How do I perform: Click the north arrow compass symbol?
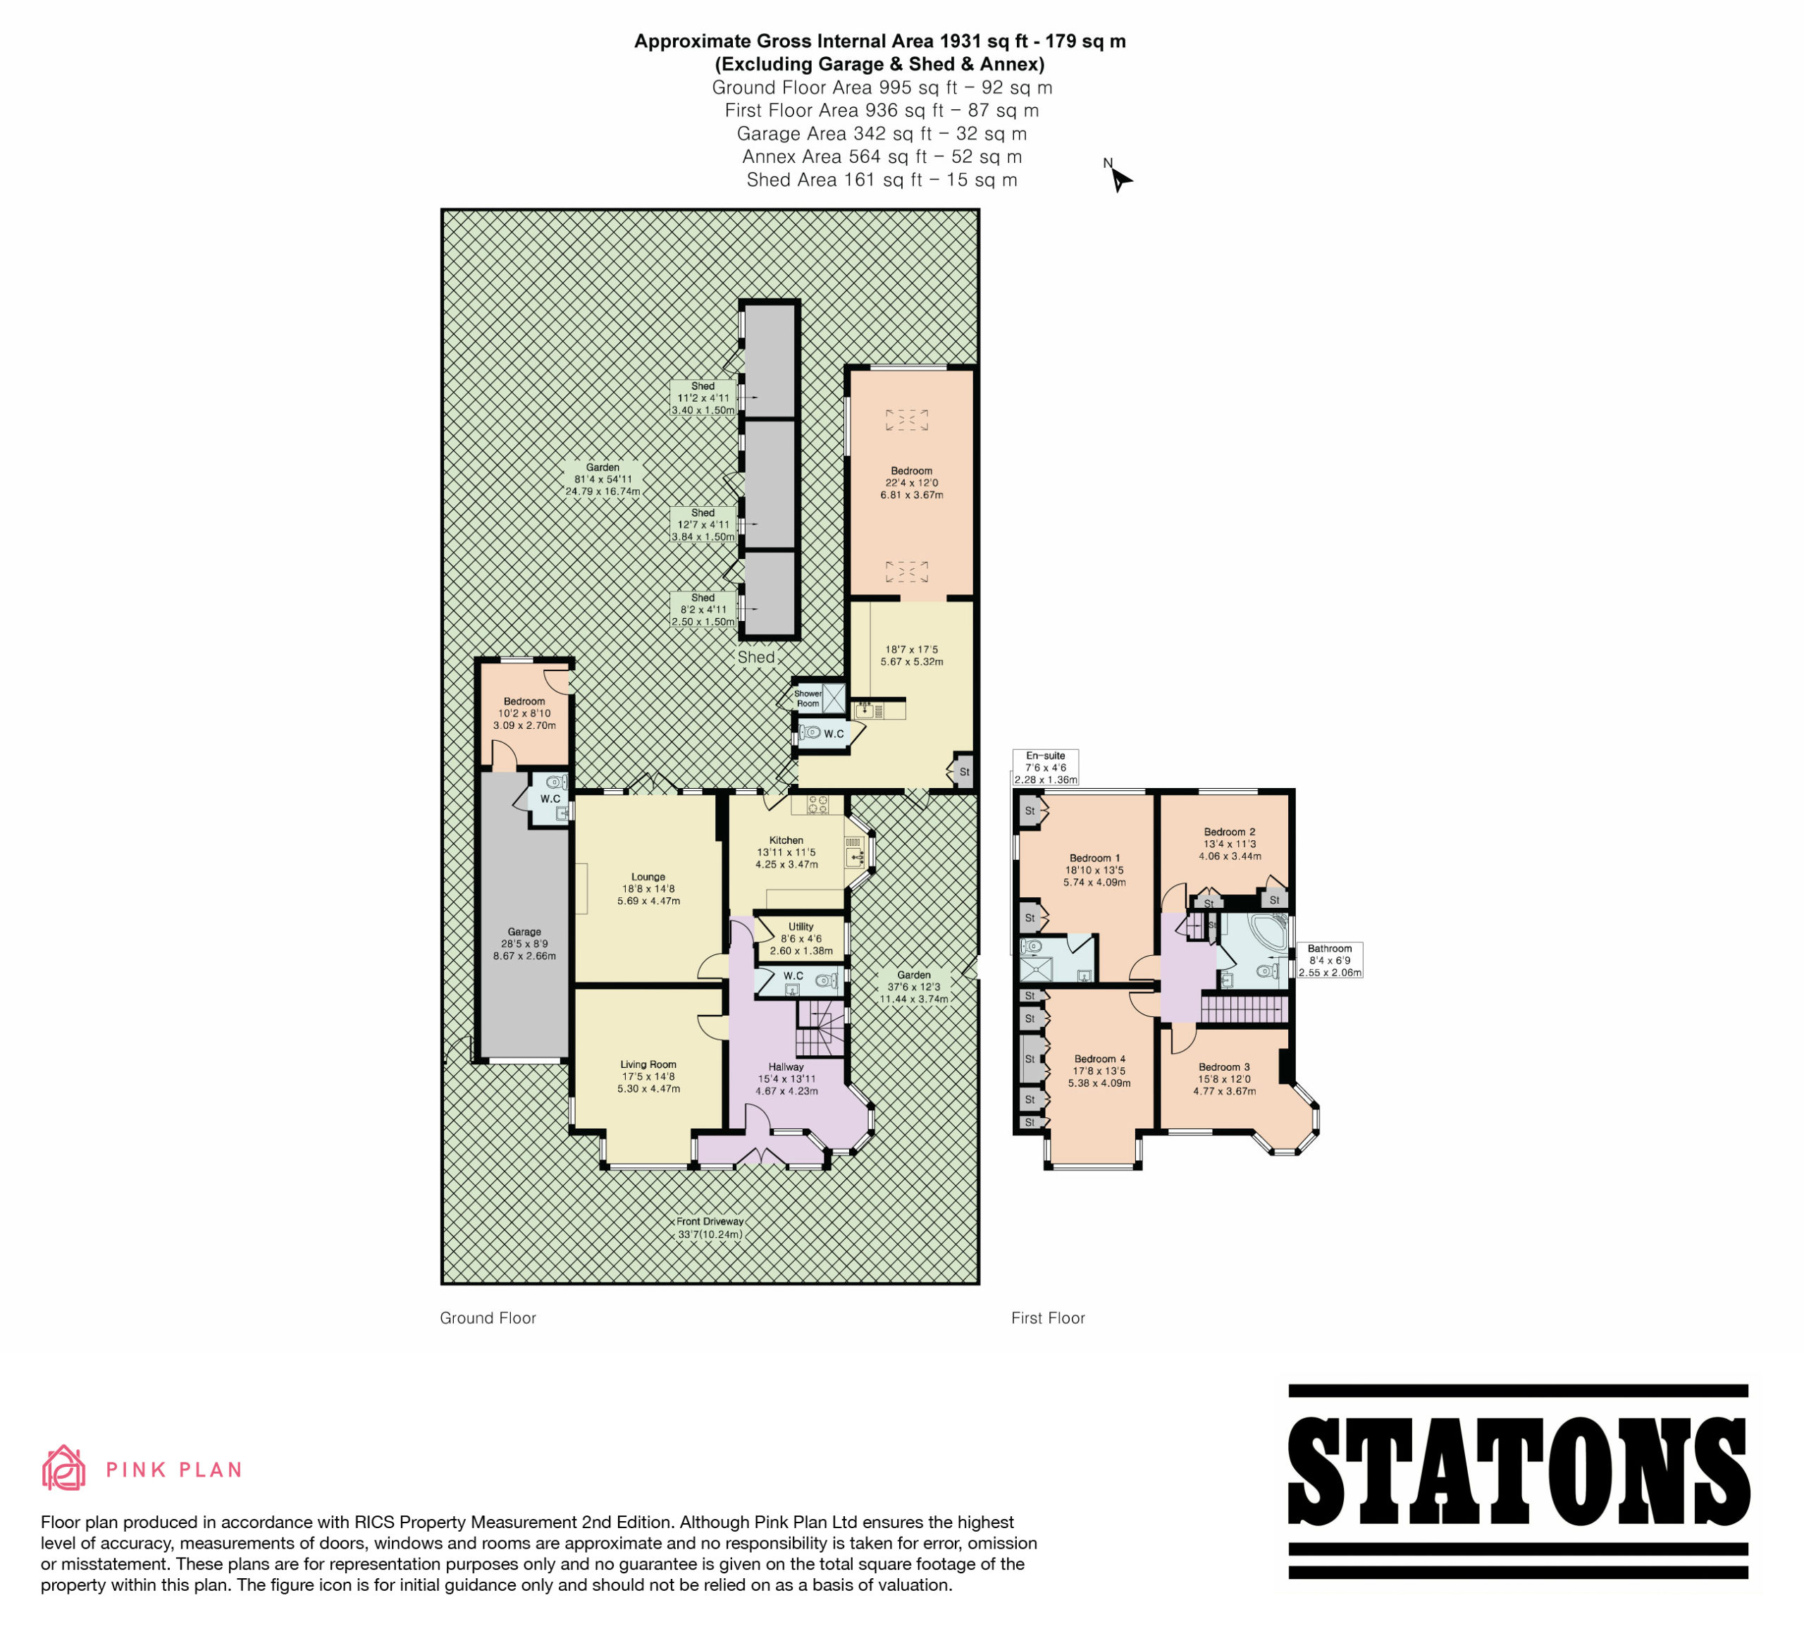[1118, 176]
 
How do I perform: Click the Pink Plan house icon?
[63, 1468]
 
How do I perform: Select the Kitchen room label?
[786, 840]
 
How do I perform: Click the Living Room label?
[649, 1064]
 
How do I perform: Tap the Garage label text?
[524, 932]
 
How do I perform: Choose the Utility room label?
[801, 926]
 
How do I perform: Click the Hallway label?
[786, 1066]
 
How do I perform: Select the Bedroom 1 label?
[1094, 857]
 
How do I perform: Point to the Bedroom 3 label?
[1224, 1066]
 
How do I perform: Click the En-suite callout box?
[1045, 768]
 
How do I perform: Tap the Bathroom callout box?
[1330, 960]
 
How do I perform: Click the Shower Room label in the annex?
[808, 698]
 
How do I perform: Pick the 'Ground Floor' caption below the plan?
[488, 1317]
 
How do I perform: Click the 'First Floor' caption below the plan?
[1048, 1317]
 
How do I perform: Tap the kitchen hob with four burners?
[818, 804]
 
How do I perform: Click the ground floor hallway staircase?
[820, 1028]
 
